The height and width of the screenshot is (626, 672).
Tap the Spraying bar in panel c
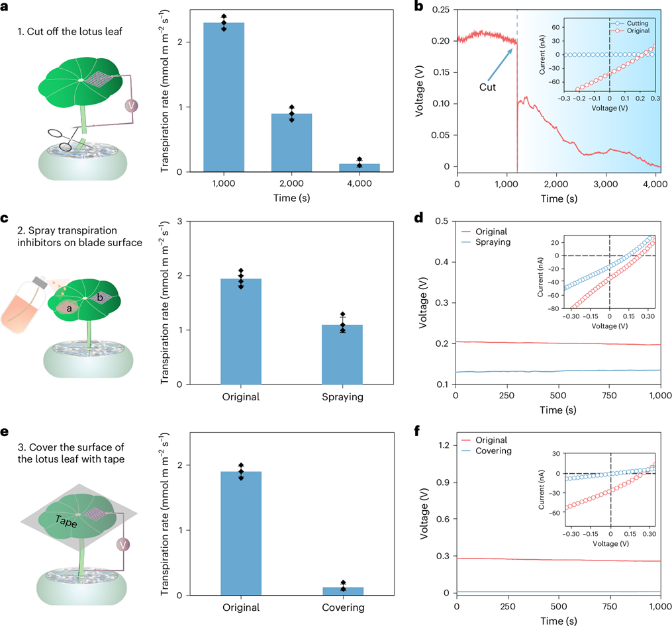click(x=342, y=354)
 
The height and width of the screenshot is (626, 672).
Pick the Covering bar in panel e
click(x=342, y=591)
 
